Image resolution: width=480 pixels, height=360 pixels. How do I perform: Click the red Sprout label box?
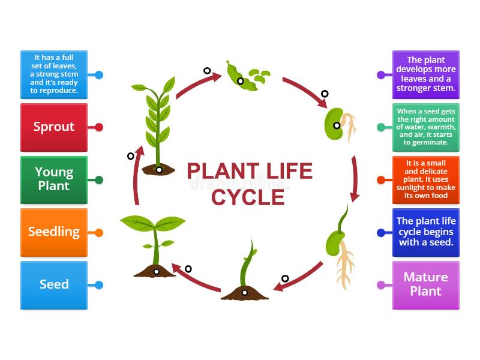tap(54, 127)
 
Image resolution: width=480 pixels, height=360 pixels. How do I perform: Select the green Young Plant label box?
tap(54, 179)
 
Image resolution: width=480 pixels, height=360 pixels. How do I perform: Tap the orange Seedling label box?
tap(54, 232)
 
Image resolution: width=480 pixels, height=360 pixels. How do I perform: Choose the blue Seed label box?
tap(54, 285)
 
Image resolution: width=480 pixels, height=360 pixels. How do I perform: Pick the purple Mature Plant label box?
tap(425, 285)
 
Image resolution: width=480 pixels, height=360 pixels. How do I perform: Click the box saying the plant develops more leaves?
tap(425, 74)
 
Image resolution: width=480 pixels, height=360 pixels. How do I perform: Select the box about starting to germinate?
tap(425, 127)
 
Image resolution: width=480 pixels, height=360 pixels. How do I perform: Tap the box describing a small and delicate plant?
tap(425, 179)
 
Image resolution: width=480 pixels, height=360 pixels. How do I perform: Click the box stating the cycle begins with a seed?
tap(425, 232)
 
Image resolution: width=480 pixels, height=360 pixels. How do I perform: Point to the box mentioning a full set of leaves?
tap(54, 74)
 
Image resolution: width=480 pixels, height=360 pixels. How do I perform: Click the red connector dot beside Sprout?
tap(99, 127)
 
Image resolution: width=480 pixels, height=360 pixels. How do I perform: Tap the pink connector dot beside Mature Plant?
tap(381, 285)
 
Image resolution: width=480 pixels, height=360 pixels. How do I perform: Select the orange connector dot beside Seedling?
tap(99, 232)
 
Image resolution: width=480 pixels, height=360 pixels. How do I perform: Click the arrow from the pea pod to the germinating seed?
tap(306, 92)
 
